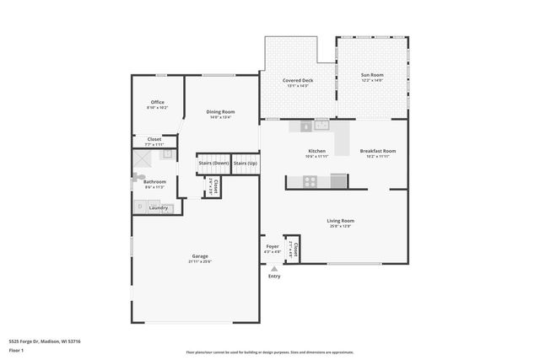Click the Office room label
[157, 102]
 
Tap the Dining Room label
[220, 112]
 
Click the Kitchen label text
[316, 152]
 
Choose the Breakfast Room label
[377, 152]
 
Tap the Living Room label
[341, 221]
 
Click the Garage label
[199, 256]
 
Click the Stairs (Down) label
[213, 163]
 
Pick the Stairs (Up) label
[246, 163]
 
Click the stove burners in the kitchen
[310, 180]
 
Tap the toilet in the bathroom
[137, 177]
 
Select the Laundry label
[158, 207]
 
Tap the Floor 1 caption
[16, 349]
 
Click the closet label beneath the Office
[154, 139]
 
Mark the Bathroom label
[154, 181]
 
